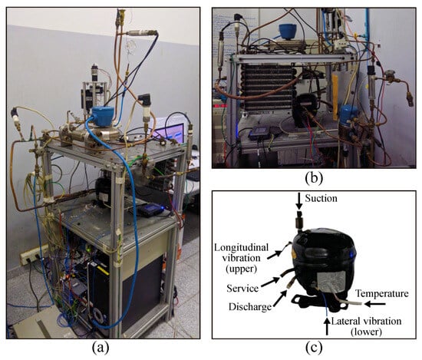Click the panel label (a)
point(101,348)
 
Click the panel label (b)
point(314,178)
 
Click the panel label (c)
point(314,348)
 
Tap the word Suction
point(321,199)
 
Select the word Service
point(242,289)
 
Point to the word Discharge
point(250,307)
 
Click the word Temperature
point(382,293)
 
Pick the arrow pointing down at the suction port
point(298,201)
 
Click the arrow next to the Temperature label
point(375,304)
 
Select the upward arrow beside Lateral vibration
point(328,327)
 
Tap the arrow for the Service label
point(270,282)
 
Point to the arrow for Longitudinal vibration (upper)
point(275,255)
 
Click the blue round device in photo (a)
point(102,116)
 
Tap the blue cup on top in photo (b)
point(288,31)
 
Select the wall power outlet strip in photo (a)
point(33,254)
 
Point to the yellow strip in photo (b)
point(335,97)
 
